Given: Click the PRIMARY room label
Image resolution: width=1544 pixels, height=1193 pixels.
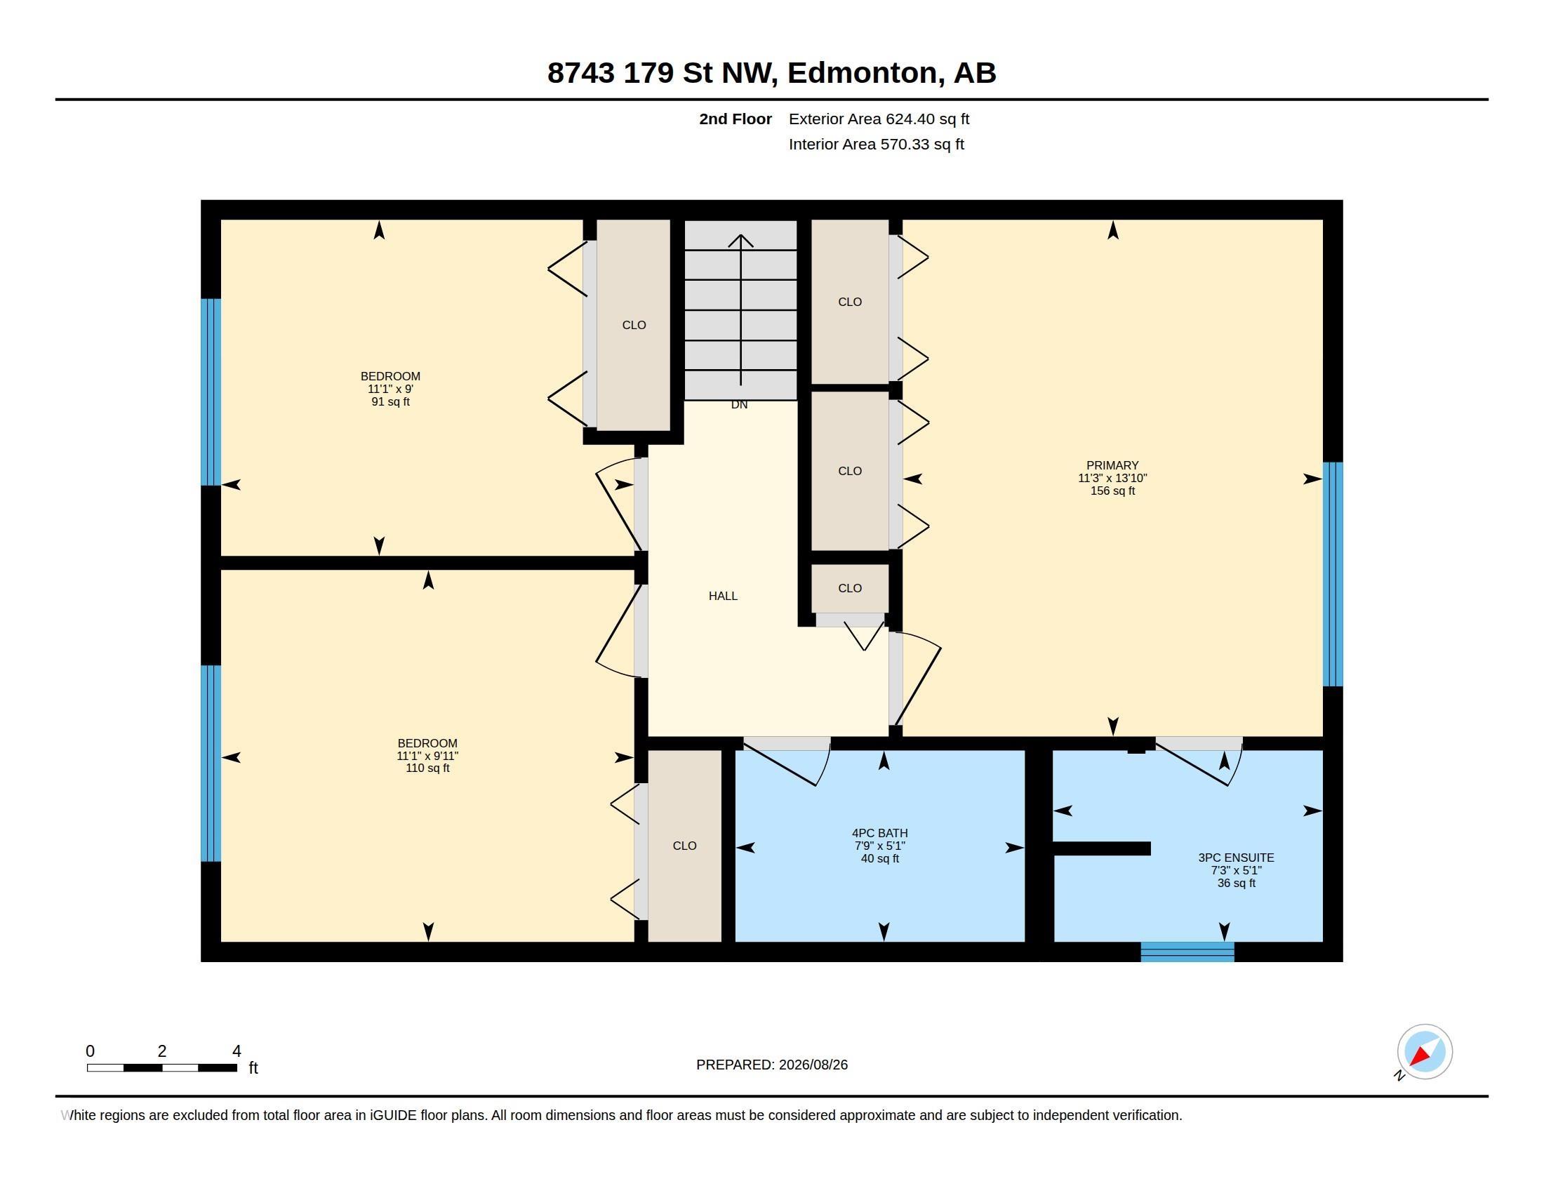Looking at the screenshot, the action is pyautogui.click(x=1112, y=465).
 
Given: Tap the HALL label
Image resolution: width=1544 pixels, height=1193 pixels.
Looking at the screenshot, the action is pyautogui.click(x=722, y=596).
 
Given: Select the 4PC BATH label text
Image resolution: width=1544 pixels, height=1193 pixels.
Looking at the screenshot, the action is pyautogui.click(x=879, y=833).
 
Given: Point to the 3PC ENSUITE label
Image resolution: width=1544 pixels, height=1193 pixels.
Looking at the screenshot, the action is pyautogui.click(x=1236, y=858).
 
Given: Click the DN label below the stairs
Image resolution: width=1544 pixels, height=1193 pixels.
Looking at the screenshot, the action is pyautogui.click(x=739, y=404).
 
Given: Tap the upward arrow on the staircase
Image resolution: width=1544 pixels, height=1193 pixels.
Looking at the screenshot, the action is pyautogui.click(x=740, y=309).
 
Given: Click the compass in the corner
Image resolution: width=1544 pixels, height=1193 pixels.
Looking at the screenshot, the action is pyautogui.click(x=1424, y=1052).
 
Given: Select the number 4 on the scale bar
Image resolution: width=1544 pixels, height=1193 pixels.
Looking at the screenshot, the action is pyautogui.click(x=237, y=1051).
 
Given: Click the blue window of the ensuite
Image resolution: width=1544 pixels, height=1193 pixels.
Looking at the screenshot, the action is pyautogui.click(x=1187, y=952).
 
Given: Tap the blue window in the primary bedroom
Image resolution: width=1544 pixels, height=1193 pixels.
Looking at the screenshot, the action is pyautogui.click(x=1333, y=574).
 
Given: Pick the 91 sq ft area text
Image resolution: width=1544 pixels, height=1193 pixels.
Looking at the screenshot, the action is pyautogui.click(x=390, y=401).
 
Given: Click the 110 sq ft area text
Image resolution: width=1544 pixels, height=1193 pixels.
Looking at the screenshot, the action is pyautogui.click(x=427, y=768).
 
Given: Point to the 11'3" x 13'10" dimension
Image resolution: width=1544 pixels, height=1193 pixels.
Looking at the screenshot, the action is pyautogui.click(x=1112, y=478).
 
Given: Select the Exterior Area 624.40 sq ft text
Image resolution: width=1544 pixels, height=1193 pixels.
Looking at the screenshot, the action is pyautogui.click(x=879, y=119).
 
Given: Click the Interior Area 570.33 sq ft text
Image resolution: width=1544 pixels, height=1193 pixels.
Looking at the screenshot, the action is pyautogui.click(x=876, y=144).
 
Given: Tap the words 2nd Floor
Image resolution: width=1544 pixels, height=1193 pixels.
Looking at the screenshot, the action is pyautogui.click(x=736, y=119).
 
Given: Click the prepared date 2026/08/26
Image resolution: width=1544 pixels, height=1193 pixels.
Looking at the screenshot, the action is pyautogui.click(x=813, y=1065).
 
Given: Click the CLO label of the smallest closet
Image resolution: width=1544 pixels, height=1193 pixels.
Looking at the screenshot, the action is pyautogui.click(x=849, y=588).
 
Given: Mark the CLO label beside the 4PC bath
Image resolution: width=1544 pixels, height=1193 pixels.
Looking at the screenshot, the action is pyautogui.click(x=684, y=846).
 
